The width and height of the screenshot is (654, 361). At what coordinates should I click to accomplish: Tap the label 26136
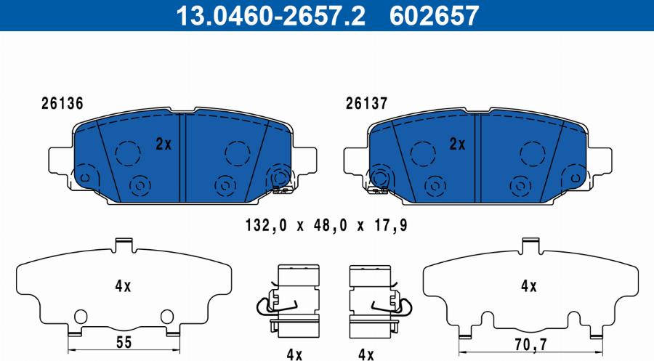(x=62, y=104)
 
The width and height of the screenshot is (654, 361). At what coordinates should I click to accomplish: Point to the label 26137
(x=364, y=104)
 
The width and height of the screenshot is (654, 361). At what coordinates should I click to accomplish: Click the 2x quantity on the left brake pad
(x=163, y=144)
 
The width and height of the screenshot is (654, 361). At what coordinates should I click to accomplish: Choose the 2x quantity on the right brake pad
(x=456, y=144)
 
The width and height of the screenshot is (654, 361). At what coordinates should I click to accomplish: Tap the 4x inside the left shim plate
(x=122, y=286)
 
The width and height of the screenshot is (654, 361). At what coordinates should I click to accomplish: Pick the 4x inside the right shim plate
(x=528, y=286)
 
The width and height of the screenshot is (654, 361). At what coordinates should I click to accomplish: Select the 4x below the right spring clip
(x=365, y=354)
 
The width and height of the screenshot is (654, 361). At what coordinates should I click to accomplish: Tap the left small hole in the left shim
(x=81, y=315)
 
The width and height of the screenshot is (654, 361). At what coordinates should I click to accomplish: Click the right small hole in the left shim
(x=167, y=315)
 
